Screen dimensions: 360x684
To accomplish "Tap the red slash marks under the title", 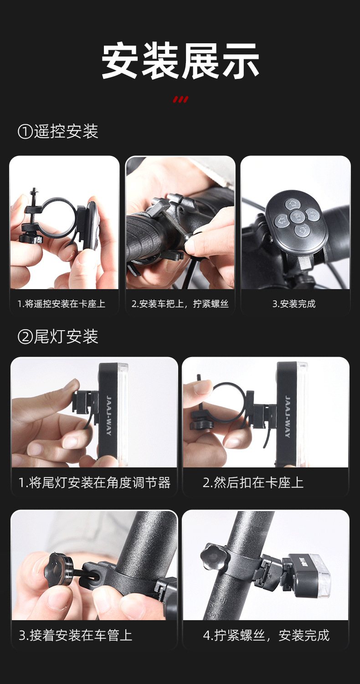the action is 180,99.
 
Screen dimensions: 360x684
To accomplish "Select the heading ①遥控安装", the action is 58,132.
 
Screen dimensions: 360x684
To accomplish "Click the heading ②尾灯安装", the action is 58,337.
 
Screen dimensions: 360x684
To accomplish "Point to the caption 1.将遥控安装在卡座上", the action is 62,304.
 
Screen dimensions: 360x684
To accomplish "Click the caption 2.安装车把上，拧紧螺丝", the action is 180,304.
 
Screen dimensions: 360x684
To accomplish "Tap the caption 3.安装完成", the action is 294,304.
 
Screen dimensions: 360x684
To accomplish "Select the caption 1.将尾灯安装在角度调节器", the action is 95,483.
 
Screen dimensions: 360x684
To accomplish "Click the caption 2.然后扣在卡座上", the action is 253,483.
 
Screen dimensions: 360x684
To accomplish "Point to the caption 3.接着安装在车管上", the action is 75,636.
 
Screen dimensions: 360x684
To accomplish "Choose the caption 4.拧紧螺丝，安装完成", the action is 266,636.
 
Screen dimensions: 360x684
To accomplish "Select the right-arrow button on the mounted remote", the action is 312,215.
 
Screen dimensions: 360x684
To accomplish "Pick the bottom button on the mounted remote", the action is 302,230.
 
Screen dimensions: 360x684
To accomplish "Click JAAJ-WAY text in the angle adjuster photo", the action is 109,415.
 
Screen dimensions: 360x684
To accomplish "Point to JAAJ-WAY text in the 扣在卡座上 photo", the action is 288,416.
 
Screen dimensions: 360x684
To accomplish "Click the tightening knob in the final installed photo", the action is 215,557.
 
